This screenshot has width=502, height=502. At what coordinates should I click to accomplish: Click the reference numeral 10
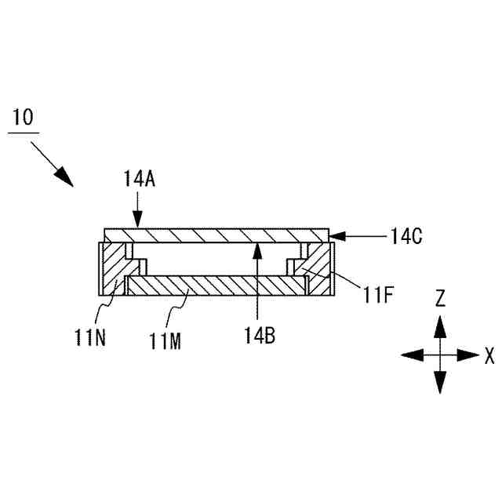[x=23, y=118]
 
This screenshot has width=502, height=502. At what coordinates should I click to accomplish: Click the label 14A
[x=140, y=180]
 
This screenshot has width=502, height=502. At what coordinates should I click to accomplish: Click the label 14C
[x=406, y=235]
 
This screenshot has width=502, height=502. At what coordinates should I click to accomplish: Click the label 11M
[x=165, y=339]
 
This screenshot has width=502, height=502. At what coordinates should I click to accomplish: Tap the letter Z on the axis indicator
[x=441, y=297]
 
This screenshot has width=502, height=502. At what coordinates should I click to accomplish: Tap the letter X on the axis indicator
[x=489, y=355]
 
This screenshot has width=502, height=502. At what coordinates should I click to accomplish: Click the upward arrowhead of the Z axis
[x=441, y=323]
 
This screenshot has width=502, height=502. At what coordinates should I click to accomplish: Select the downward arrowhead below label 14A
[x=138, y=221]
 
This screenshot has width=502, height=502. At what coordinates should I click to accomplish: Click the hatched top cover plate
[x=216, y=235]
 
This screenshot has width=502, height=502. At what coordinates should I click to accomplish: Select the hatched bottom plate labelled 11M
[x=216, y=286]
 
